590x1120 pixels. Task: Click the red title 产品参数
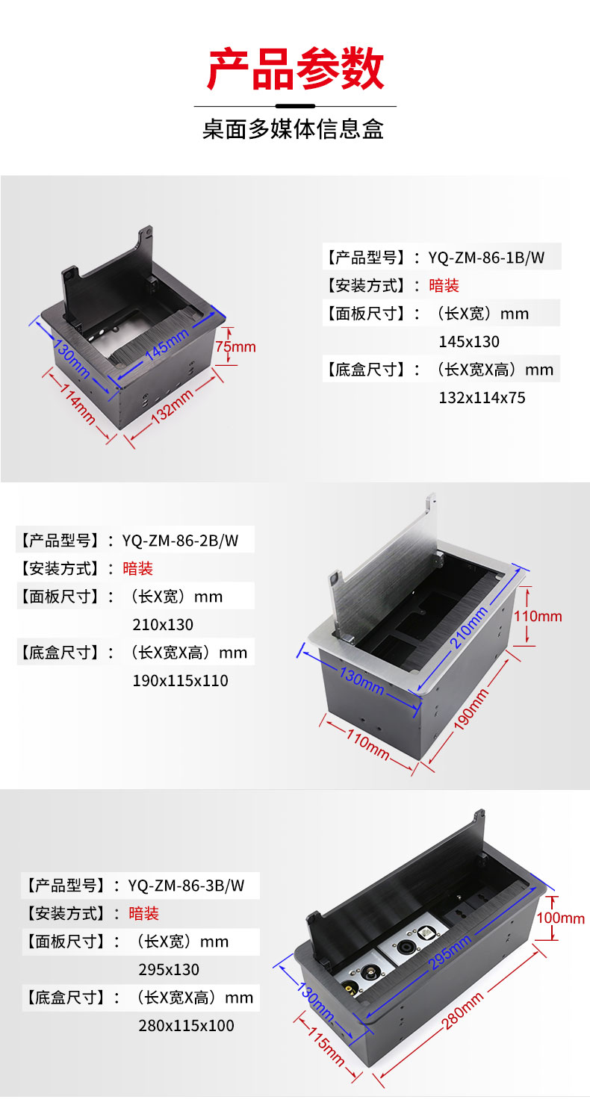click(x=295, y=69)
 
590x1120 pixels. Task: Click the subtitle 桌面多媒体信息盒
click(x=294, y=129)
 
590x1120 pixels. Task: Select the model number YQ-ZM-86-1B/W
click(x=486, y=258)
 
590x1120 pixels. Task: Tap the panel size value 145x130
click(x=469, y=341)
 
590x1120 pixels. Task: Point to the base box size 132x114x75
click(x=482, y=397)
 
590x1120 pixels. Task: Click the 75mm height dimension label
click(x=235, y=346)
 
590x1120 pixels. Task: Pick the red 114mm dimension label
click(x=78, y=404)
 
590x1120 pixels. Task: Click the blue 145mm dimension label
click(x=167, y=344)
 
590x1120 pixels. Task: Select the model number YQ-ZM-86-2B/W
click(x=180, y=541)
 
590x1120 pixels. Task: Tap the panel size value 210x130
click(x=163, y=624)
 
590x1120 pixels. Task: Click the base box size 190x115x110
click(x=180, y=680)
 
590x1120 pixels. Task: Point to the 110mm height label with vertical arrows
click(x=538, y=616)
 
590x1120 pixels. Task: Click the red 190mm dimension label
click(x=471, y=710)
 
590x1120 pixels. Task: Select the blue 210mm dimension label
click(x=469, y=628)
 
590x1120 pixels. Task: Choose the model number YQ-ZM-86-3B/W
click(x=186, y=886)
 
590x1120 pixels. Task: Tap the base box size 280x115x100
click(x=186, y=1025)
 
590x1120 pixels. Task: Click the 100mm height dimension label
click(x=560, y=918)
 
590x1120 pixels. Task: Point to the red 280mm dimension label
click(x=462, y=1011)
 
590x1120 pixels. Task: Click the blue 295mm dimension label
click(x=450, y=952)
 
